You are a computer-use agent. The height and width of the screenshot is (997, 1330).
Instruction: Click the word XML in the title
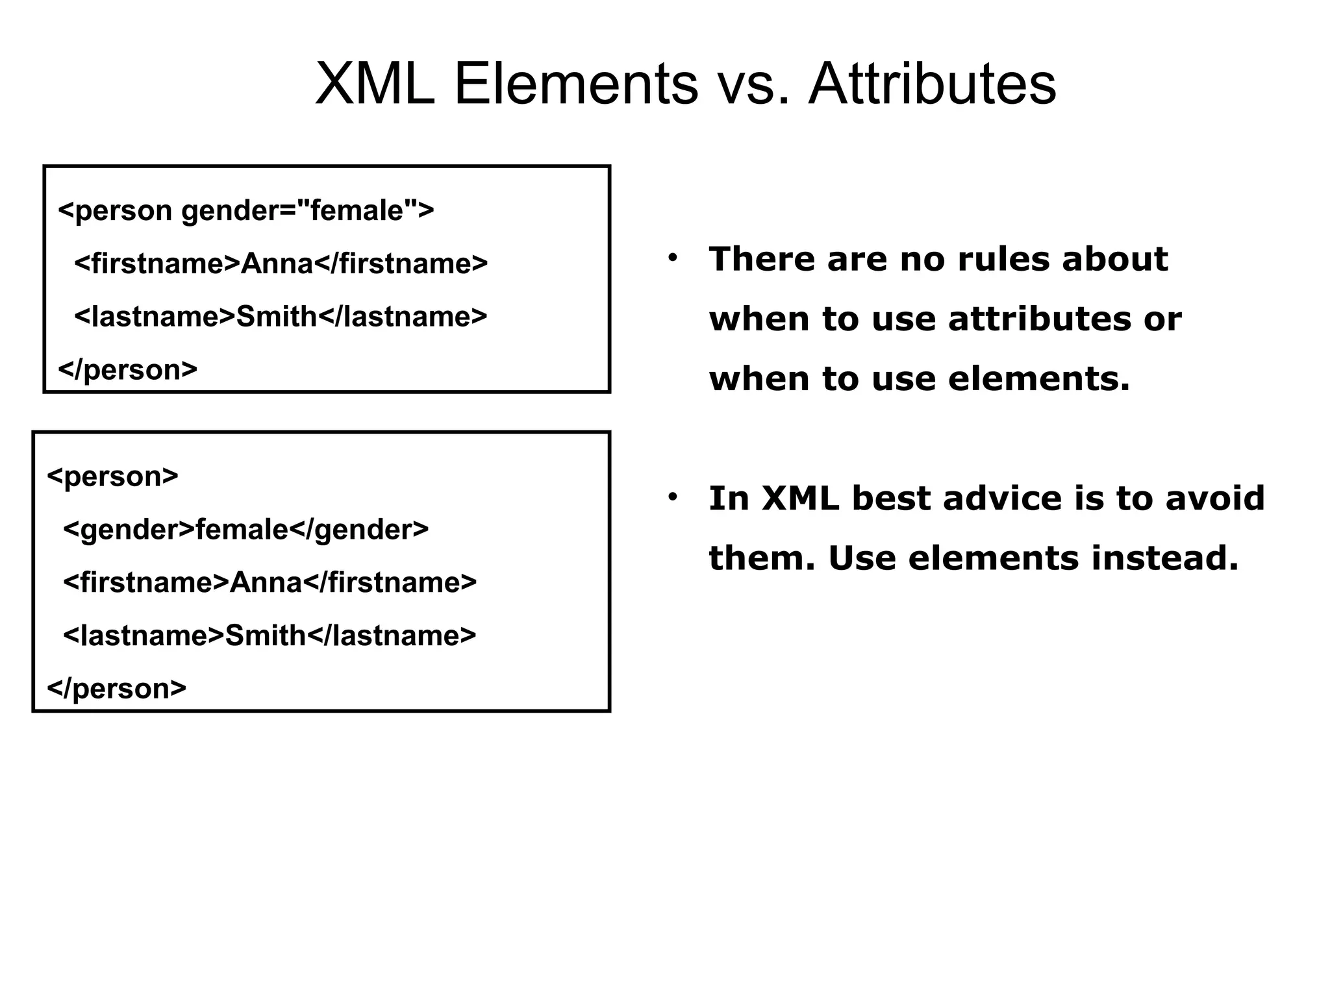coord(375,84)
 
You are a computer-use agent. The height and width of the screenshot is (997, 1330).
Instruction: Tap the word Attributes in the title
coord(932,84)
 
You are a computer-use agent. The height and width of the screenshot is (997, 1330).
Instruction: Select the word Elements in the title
coord(575,84)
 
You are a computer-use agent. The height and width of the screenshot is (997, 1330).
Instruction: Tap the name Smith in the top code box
coord(277,317)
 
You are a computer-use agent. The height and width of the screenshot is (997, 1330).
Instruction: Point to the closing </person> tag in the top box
coord(128,370)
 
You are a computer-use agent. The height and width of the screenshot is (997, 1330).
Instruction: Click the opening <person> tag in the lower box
coord(112,476)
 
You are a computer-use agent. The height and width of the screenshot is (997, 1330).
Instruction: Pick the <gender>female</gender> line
coord(246,530)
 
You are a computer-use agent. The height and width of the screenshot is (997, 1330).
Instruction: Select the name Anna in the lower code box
coord(266,582)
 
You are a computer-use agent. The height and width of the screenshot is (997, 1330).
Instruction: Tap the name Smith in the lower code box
coord(266,635)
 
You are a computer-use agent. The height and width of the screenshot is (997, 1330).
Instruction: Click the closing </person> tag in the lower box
coord(117,688)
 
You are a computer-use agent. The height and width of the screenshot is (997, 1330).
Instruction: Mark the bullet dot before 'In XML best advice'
coord(672,498)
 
